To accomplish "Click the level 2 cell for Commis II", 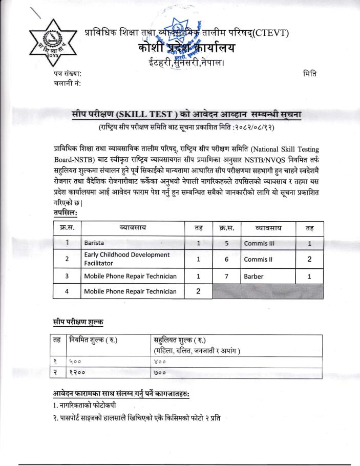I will click(309, 259).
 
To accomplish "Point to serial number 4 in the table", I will click(67, 292).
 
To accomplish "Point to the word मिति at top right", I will click(310, 74).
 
